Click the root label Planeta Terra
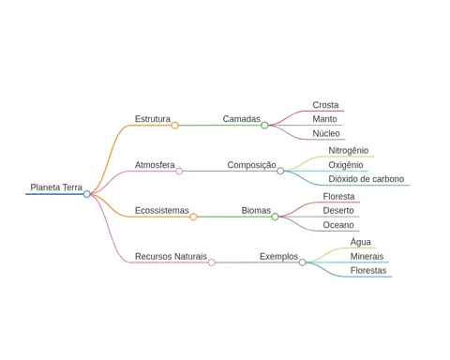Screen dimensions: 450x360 pos(56,187)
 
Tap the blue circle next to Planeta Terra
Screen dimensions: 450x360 pos(87,194)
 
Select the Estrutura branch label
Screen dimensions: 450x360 pos(153,119)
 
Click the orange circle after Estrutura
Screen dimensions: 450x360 pos(174,126)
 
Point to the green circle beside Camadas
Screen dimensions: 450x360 pos(264,126)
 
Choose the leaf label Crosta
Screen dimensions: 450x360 pos(325,105)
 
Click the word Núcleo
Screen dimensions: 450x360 pos(326,133)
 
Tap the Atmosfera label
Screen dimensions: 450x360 pos(155,165)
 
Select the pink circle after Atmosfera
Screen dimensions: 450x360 pos(179,171)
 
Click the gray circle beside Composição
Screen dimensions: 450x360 pos(280,171)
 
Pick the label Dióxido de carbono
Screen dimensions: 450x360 pos(366,179)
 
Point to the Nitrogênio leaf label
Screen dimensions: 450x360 pos(348,151)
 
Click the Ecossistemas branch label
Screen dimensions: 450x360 pos(161,210)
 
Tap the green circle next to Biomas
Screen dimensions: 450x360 pos(275,217)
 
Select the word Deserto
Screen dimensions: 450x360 pos(338,210)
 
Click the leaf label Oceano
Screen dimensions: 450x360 pos(338,225)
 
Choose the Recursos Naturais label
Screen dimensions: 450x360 pos(171,256)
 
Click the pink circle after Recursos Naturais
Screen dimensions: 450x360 pos(212,262)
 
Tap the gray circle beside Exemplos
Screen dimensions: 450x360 pos(302,262)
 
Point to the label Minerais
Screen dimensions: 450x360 pos(367,256)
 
